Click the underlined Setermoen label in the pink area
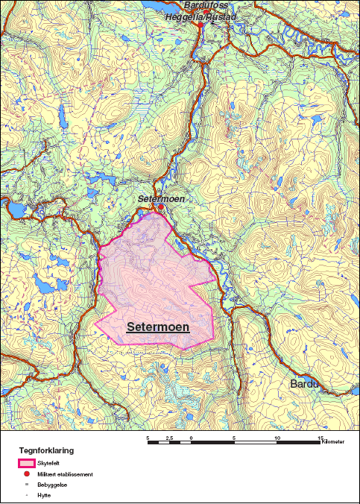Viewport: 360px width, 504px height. tap(158, 327)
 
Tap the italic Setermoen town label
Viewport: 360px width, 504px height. tap(160, 199)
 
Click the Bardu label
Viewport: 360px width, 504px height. tap(303, 383)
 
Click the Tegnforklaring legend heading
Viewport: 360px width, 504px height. tap(46, 451)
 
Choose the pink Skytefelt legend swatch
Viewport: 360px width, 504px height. tap(28, 463)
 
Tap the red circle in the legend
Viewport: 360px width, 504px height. tap(28, 474)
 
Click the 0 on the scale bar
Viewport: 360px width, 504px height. tap(192, 438)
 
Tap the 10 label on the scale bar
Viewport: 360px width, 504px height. tap(277, 438)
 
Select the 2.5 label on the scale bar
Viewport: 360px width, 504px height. tap(169, 438)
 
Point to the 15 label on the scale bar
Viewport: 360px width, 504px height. tap(320, 438)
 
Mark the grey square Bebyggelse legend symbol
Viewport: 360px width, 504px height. tap(28, 484)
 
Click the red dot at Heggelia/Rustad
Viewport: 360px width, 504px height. tap(200, 24)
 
